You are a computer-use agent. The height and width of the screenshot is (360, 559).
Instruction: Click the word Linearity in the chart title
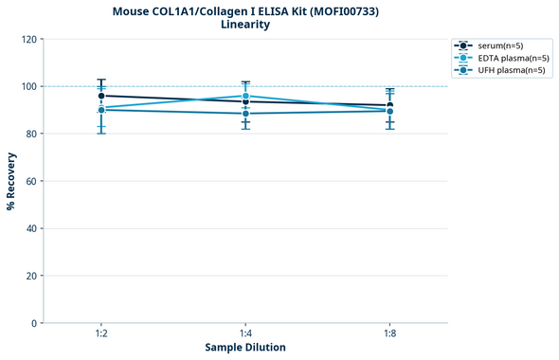[x=244, y=25]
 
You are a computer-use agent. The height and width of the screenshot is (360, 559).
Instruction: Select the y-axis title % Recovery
[x=11, y=180]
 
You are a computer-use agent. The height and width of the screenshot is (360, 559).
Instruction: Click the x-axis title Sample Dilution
[x=244, y=348]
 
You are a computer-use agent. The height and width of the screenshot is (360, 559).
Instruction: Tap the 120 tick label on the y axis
[x=28, y=40]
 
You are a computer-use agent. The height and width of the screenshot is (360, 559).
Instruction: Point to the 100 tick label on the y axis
[x=28, y=87]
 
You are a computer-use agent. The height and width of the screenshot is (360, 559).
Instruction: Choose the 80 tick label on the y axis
[x=31, y=135]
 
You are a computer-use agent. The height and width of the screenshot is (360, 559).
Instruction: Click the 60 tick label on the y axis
[x=31, y=181]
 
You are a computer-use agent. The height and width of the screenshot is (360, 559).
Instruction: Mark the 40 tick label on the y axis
[x=31, y=228]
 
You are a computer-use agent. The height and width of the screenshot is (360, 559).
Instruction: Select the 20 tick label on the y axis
[x=31, y=276]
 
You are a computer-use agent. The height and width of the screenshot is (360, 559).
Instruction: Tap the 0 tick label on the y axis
[x=34, y=323]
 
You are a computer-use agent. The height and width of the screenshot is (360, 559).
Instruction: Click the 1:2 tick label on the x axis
[x=100, y=333]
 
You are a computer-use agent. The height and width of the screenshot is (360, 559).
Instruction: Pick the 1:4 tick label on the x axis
[x=245, y=333]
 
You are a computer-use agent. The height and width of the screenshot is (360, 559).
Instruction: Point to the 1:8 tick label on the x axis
[x=389, y=333]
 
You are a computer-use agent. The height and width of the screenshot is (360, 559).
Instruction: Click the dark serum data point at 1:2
[x=101, y=96]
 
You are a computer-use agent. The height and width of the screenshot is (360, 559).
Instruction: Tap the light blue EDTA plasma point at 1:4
[x=245, y=96]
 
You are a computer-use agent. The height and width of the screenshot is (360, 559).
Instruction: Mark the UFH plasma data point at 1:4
[x=245, y=114]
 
